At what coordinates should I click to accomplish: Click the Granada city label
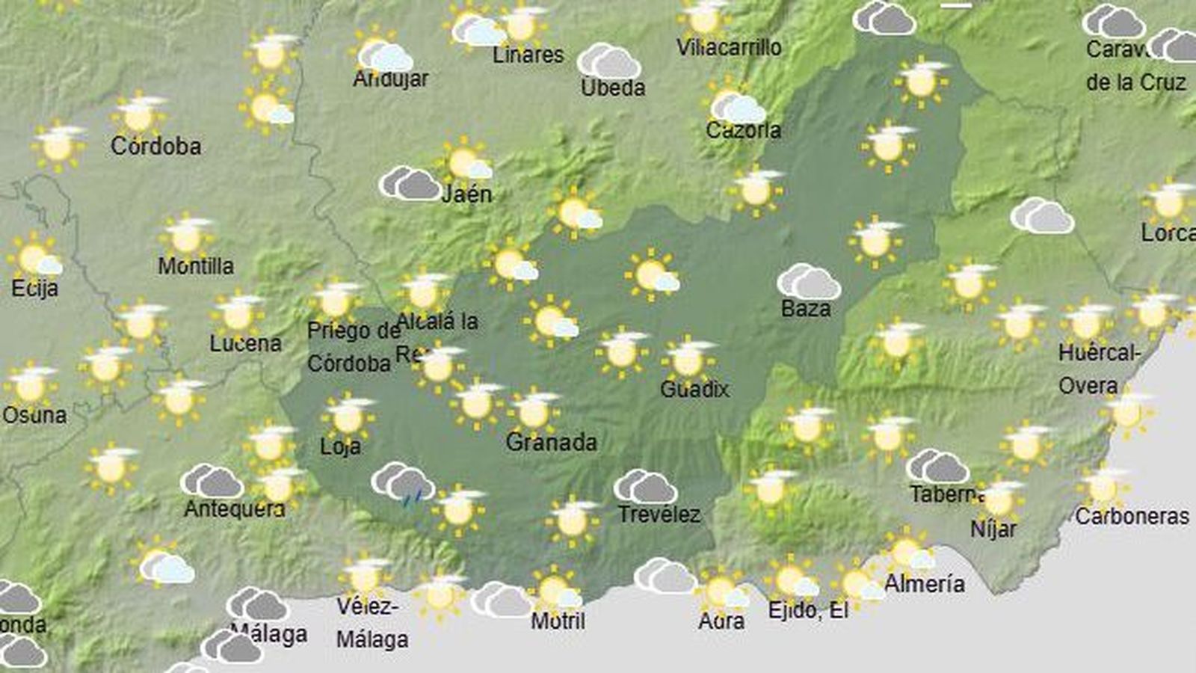(x=551, y=442)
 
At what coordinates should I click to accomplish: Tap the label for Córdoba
(x=155, y=145)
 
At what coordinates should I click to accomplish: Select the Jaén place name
(x=466, y=194)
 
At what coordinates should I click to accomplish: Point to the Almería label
(x=924, y=583)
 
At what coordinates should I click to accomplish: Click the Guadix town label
(x=694, y=389)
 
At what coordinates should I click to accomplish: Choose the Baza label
(x=806, y=308)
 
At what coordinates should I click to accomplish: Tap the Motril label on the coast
(x=558, y=621)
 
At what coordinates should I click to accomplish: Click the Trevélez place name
(x=659, y=514)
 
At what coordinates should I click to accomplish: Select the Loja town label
(x=340, y=446)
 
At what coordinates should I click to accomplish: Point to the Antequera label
(x=234, y=509)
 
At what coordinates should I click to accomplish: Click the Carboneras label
(x=1132, y=516)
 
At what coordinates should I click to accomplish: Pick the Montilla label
(x=196, y=265)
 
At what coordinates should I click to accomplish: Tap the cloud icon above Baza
(x=809, y=282)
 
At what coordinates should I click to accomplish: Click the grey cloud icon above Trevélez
(x=645, y=487)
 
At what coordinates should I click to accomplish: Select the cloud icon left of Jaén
(x=410, y=183)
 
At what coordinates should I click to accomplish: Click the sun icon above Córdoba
(x=140, y=114)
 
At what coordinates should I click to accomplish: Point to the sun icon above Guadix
(x=688, y=360)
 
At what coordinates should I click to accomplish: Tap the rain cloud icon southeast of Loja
(x=403, y=482)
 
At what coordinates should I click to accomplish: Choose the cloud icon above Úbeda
(x=608, y=61)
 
